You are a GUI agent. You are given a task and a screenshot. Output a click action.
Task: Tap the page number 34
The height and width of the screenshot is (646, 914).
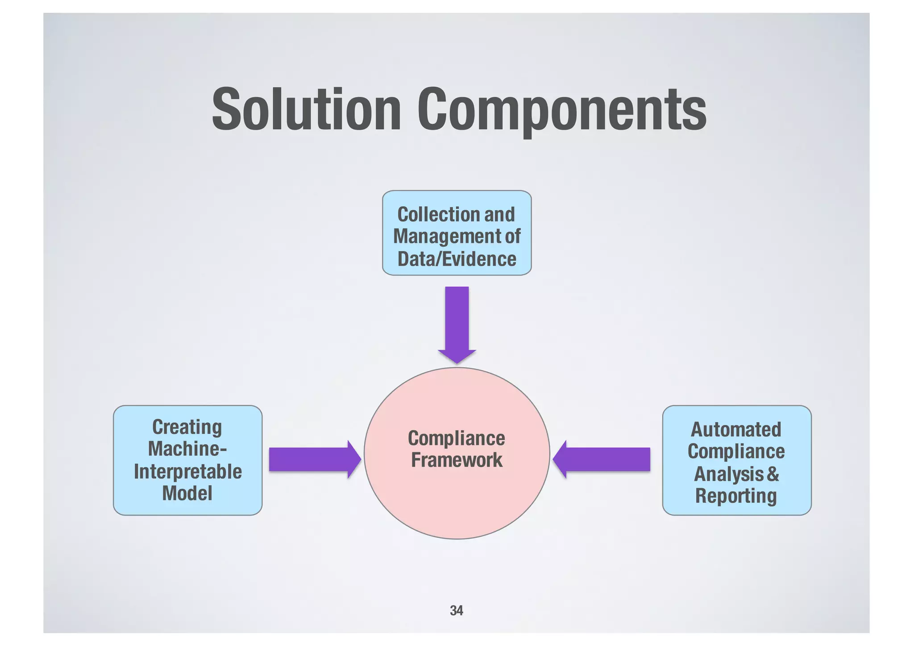point(456,610)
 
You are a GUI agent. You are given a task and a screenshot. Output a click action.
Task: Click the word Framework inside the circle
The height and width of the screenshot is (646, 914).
point(457,460)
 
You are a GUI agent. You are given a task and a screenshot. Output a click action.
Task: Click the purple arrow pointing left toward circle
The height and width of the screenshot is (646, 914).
point(602,459)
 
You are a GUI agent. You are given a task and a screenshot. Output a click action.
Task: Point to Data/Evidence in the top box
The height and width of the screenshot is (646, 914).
point(457,259)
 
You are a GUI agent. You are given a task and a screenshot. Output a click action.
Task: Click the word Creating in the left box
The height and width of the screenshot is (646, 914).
point(187,427)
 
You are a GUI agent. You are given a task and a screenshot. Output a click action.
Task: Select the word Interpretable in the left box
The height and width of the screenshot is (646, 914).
point(188,472)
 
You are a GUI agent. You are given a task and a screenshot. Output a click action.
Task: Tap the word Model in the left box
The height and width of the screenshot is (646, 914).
point(187,494)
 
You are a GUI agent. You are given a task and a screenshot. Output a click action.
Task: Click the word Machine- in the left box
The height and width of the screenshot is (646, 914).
point(187,449)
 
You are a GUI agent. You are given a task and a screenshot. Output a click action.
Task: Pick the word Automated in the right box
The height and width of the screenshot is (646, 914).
point(736,430)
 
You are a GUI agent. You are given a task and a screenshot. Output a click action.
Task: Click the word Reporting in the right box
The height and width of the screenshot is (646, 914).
point(736,496)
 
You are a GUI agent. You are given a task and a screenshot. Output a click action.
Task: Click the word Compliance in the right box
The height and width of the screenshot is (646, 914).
point(736,452)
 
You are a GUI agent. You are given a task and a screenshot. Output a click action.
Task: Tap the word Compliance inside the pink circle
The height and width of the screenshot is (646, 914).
point(457,438)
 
